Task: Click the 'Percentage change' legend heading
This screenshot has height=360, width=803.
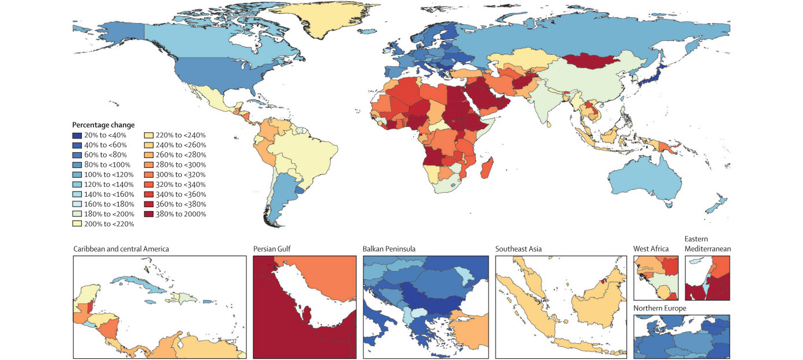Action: (103, 125)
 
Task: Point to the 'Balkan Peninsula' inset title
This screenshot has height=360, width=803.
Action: (389, 249)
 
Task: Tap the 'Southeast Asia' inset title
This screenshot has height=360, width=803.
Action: (518, 249)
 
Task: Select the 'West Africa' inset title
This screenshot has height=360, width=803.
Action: (651, 249)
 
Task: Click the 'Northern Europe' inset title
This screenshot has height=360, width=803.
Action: (659, 308)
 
